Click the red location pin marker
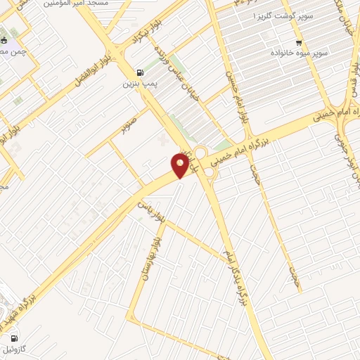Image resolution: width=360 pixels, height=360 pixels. click(181, 165)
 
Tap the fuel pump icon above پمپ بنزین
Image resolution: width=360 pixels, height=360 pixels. click(139, 72)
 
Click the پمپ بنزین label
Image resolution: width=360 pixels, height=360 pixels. click(138, 84)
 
